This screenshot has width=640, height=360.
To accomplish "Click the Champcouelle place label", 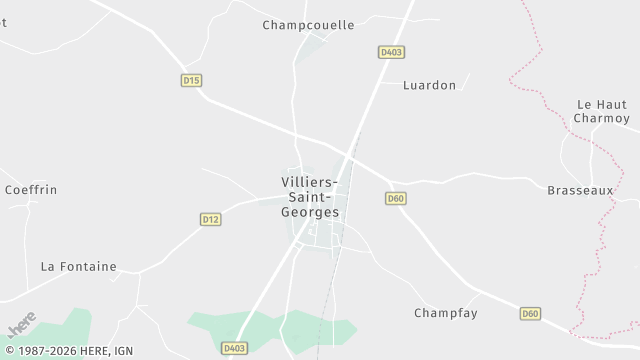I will [x=308, y=25].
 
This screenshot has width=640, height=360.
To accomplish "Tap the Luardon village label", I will [x=429, y=85].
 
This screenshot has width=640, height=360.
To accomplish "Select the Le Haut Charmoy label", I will [x=600, y=111].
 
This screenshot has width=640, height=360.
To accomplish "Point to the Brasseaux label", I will [x=580, y=190].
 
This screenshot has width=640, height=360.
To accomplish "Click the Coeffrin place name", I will [x=31, y=189].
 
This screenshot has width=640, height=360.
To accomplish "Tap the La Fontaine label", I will [x=78, y=267].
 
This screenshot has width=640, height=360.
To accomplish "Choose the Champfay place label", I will [x=446, y=313].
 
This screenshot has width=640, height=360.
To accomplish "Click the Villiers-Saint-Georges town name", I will [x=311, y=197].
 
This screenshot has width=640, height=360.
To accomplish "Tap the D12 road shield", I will [x=210, y=219].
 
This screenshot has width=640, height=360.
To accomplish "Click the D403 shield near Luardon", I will [x=391, y=52].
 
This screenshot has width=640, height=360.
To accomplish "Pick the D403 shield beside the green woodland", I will [x=235, y=348].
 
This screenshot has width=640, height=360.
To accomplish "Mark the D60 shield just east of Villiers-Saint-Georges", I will [x=396, y=199].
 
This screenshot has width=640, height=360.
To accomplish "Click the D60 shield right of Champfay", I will [x=530, y=314].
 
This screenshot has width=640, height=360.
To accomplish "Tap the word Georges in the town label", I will [x=311, y=213].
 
